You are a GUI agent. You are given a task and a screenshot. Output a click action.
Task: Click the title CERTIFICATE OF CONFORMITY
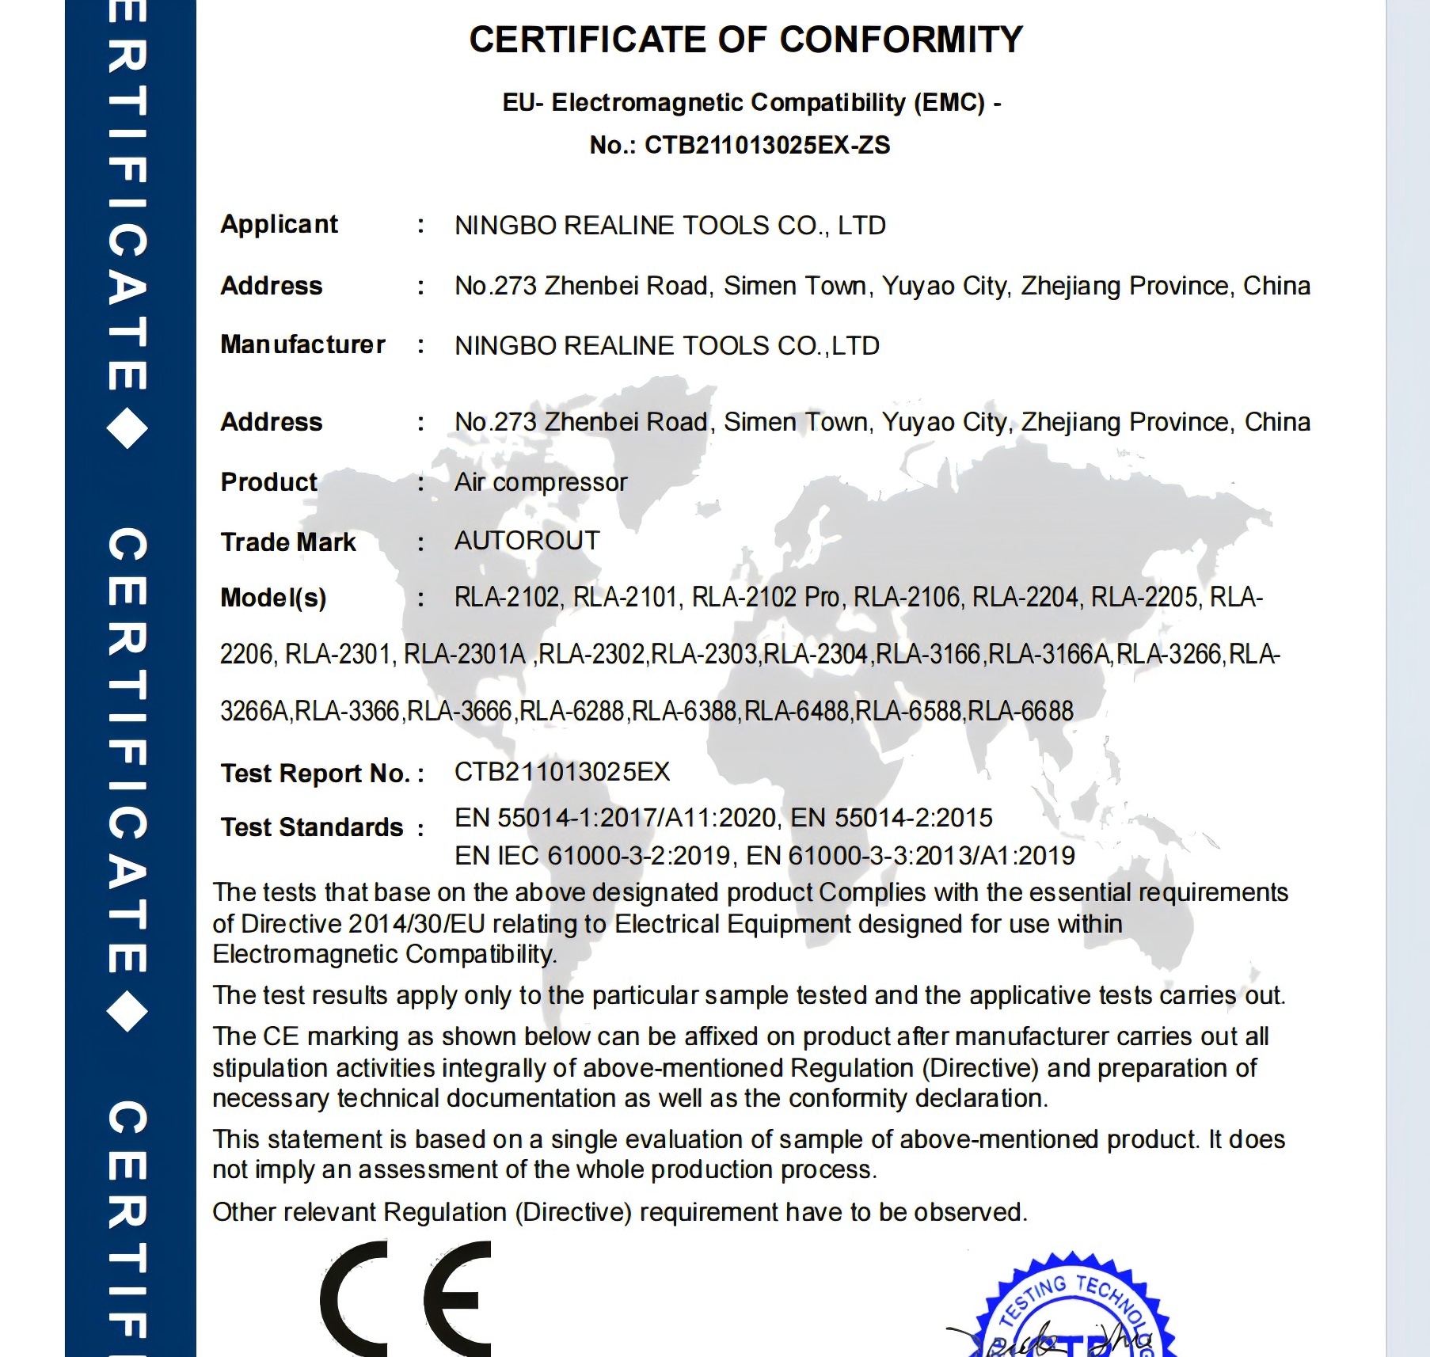(x=745, y=40)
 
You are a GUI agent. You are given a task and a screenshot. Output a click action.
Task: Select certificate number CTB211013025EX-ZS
(x=766, y=146)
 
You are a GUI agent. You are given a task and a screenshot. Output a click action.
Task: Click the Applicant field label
(x=279, y=225)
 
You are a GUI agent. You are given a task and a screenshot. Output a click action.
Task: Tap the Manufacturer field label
(x=302, y=345)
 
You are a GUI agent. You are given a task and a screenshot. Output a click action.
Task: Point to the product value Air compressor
(x=541, y=482)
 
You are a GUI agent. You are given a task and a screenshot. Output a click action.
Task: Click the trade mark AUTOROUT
(x=527, y=541)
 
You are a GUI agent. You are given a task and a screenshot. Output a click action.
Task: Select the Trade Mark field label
(x=288, y=542)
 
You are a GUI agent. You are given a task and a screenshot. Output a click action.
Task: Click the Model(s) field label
(x=273, y=598)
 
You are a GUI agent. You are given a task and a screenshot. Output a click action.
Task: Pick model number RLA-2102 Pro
(x=766, y=598)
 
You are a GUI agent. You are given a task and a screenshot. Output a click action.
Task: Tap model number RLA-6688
(x=1021, y=711)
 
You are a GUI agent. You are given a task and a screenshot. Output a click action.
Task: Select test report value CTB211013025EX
(x=562, y=772)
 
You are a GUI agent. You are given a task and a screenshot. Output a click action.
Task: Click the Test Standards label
(x=313, y=827)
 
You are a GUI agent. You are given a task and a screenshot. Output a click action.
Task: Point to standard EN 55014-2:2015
(x=892, y=818)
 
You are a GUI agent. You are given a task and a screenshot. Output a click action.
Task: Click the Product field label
(x=268, y=482)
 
